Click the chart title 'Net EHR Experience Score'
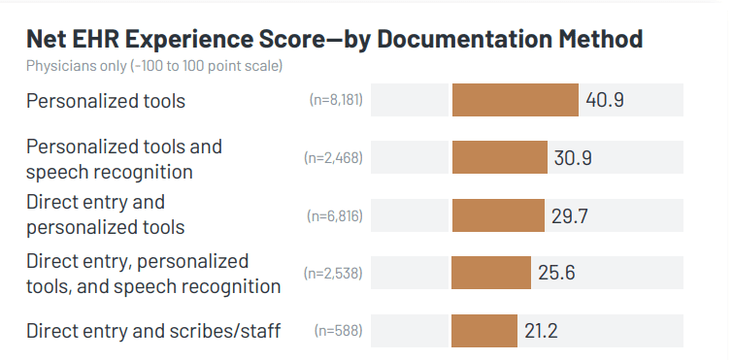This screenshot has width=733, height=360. [x=334, y=39]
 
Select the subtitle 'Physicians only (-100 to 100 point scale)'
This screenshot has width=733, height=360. [x=155, y=66]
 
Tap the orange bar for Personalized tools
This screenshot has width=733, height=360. [x=515, y=100]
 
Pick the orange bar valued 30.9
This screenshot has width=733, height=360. [x=500, y=157]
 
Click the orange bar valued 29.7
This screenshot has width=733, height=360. [x=498, y=215]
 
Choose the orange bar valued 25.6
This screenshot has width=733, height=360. [x=491, y=273]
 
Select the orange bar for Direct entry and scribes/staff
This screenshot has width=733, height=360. [x=484, y=331]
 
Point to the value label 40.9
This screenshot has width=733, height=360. [x=604, y=100]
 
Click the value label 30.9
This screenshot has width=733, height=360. [x=573, y=157]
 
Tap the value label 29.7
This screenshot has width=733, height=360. [x=571, y=215]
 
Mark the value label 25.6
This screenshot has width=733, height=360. [x=557, y=273]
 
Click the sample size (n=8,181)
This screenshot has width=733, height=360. [x=335, y=100]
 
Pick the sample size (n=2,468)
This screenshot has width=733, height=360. [x=333, y=157]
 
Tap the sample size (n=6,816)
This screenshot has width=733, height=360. [x=334, y=215]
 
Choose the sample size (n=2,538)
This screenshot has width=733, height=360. [x=333, y=273]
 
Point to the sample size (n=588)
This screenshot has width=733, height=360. [x=338, y=331]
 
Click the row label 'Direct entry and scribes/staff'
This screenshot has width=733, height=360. [x=153, y=331]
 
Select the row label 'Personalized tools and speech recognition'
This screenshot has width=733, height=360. [x=123, y=158]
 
